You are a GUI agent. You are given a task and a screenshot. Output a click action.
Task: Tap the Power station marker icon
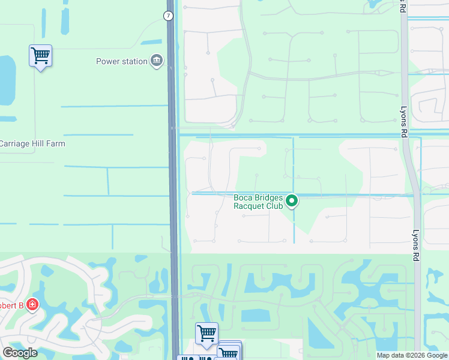click(x=157, y=61)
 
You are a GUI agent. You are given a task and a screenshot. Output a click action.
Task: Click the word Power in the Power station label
click(x=109, y=61)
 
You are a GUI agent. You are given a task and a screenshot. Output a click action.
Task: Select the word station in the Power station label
click(x=135, y=61)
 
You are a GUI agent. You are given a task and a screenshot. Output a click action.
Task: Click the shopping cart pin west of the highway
click(x=40, y=56)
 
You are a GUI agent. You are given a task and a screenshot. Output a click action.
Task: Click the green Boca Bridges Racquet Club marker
click(x=292, y=201)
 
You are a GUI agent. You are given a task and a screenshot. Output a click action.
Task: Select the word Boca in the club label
click(x=244, y=196)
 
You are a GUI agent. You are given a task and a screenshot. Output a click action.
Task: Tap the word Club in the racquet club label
click(x=274, y=206)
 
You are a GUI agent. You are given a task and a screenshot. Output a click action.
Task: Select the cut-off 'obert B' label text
click(x=11, y=305)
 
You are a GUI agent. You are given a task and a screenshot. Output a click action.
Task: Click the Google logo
click(x=20, y=353)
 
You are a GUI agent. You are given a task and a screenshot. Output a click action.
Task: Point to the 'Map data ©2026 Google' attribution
click(x=412, y=355)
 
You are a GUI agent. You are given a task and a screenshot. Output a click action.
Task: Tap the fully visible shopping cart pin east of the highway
click(x=206, y=332)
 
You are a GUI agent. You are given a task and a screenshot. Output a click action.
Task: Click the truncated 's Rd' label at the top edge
click(x=403, y=7)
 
